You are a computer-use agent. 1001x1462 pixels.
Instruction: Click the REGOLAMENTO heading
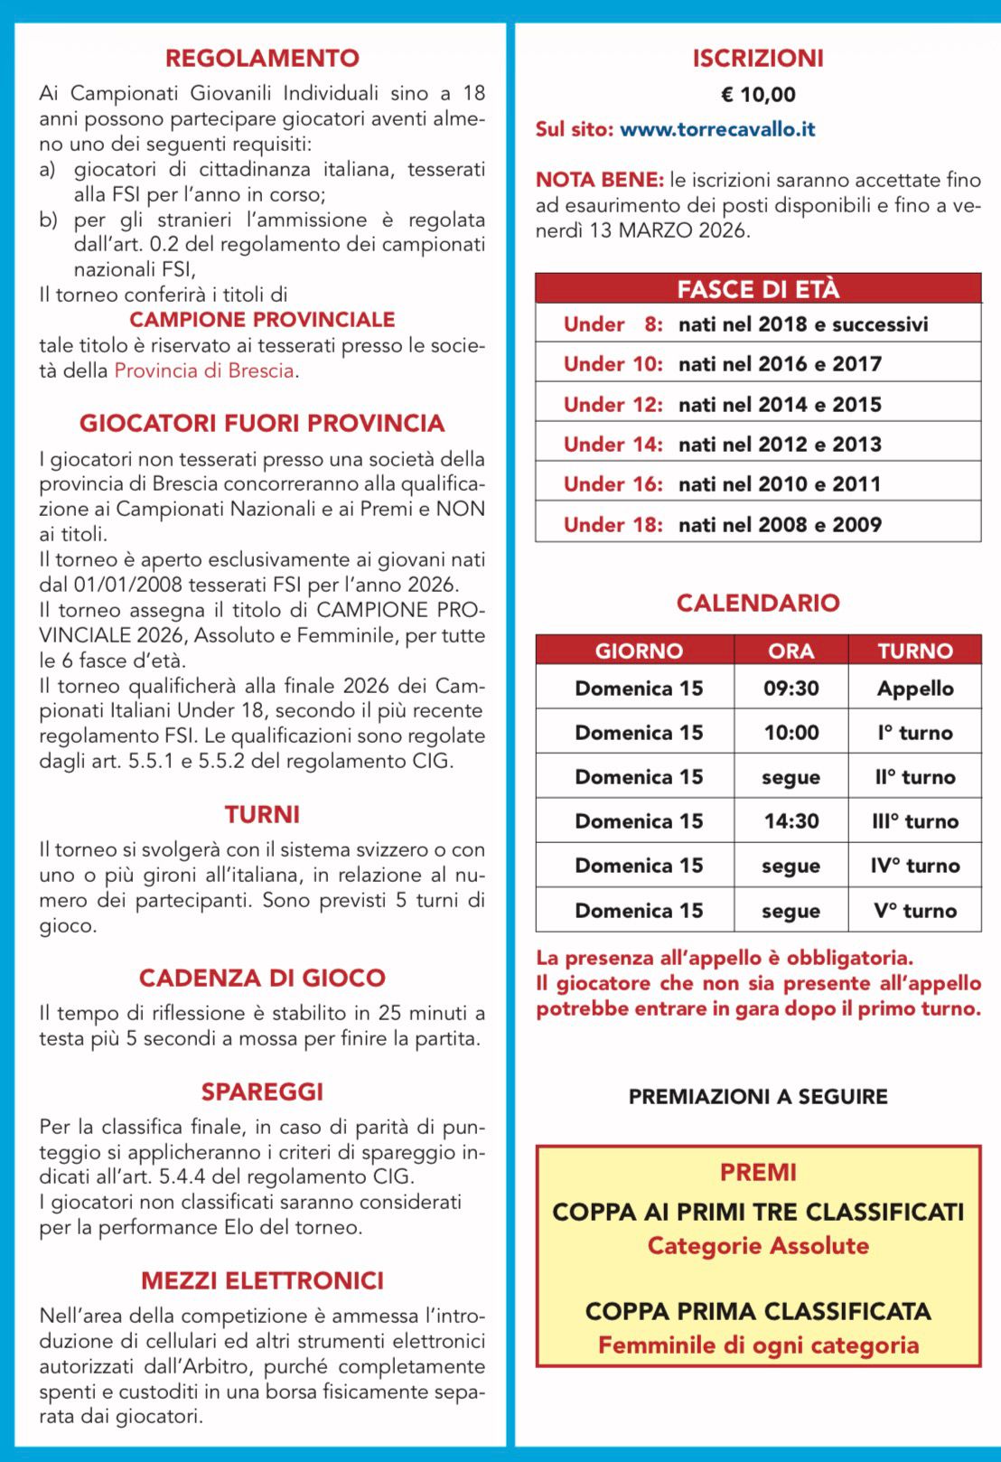point(262,58)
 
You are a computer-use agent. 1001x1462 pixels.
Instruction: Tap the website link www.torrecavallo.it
point(717,129)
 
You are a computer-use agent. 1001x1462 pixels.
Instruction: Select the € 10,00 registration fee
point(758,95)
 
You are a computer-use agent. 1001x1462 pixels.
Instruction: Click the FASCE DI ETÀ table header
point(758,289)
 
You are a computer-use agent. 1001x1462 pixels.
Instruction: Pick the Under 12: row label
point(613,404)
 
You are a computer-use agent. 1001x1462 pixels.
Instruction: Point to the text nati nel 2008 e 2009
point(780,524)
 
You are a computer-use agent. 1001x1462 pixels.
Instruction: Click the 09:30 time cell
point(791,689)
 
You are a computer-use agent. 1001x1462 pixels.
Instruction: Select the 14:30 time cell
point(791,821)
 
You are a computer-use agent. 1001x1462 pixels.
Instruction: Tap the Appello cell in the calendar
point(914,689)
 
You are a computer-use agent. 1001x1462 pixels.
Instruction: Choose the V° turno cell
point(914,911)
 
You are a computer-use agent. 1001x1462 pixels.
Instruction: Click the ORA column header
point(791,651)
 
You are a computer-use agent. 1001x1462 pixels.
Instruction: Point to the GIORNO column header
point(639,651)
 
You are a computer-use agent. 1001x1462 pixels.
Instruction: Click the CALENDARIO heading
point(758,603)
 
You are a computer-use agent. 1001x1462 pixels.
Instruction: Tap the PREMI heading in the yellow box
point(758,1172)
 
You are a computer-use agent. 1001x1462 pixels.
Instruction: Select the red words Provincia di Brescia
point(204,370)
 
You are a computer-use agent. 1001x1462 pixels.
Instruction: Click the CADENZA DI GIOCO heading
point(262,978)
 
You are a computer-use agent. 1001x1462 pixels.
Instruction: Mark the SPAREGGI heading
point(262,1092)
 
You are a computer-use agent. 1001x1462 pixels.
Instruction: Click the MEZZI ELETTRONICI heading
point(262,1280)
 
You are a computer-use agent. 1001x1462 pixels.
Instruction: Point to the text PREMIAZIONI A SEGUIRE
point(758,1097)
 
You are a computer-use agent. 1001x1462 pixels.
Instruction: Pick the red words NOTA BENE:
point(599,180)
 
